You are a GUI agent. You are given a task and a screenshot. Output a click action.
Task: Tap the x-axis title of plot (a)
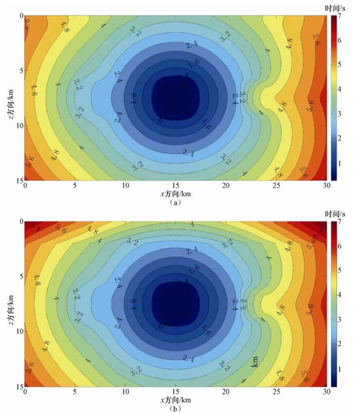(x=175, y=194)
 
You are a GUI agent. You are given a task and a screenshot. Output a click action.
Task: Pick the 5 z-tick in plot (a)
(x=21, y=70)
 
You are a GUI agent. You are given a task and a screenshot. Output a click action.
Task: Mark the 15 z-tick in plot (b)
(x=20, y=386)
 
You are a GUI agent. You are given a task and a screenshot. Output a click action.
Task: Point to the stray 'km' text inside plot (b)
(x=255, y=361)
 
